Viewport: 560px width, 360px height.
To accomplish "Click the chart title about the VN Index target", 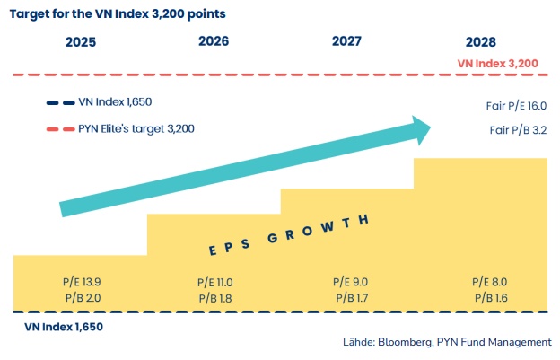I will coord(118,14).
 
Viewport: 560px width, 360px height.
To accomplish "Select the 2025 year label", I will coord(81,42).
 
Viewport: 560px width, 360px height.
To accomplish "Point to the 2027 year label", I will coord(347,41).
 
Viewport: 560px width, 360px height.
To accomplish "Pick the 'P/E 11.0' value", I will coord(214,282).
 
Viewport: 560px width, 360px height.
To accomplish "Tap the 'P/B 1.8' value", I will coord(215,297).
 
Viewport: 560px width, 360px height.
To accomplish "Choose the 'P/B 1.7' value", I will coord(349,297).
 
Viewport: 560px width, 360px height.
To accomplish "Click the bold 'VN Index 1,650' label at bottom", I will coord(63,327).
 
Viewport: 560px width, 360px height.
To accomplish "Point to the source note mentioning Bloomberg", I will coord(447,342).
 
